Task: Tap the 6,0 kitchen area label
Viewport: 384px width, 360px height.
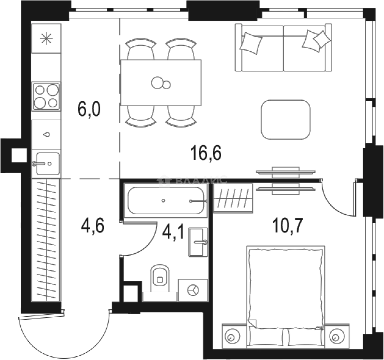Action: [89, 109]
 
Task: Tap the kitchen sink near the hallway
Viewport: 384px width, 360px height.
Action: [47, 164]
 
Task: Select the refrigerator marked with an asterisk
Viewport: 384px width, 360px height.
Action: [46, 39]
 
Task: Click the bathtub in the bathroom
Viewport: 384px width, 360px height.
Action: [166, 201]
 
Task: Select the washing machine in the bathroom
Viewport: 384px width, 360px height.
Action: [193, 290]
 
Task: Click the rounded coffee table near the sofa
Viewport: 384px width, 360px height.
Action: [286, 119]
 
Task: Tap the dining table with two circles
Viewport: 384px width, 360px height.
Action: [161, 82]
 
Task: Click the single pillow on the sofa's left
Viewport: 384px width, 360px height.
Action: [251, 42]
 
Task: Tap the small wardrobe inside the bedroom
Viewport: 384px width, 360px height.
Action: [233, 198]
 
